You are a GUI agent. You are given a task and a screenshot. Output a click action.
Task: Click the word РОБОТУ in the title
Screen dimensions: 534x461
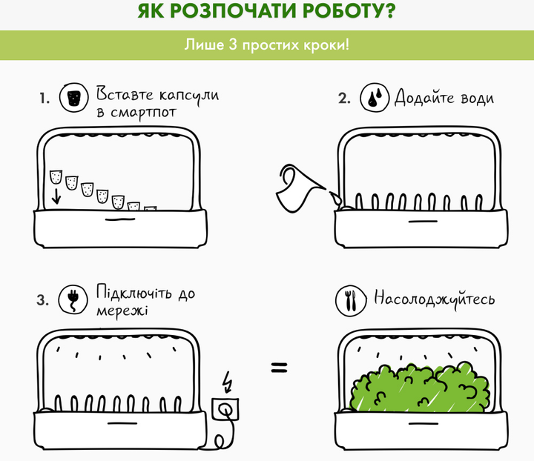click(349, 11)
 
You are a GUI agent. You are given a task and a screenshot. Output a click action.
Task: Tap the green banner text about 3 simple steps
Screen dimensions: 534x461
click(267, 45)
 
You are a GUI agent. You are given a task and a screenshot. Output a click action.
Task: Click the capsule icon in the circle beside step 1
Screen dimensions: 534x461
click(74, 98)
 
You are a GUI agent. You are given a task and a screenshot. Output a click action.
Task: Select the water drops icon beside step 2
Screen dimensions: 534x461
click(375, 97)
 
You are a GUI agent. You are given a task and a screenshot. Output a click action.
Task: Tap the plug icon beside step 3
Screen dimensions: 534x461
click(73, 299)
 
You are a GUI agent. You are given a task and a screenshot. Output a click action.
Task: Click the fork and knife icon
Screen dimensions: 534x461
click(351, 301)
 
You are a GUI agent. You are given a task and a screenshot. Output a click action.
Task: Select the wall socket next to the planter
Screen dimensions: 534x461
click(225, 409)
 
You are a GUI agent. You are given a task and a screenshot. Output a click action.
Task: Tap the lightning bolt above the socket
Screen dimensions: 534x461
click(227, 382)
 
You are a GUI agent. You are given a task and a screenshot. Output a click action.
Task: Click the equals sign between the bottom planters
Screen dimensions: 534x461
click(280, 368)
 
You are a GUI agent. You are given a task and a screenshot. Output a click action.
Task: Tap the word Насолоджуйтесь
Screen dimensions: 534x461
click(434, 299)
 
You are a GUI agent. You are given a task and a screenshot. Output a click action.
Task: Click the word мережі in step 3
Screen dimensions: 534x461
click(122, 311)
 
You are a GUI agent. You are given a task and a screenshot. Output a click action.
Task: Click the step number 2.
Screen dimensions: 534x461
click(344, 98)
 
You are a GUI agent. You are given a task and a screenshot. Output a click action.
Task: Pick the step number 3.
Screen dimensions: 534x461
click(42, 300)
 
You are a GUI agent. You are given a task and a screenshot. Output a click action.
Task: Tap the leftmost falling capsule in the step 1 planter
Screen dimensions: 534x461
click(56, 177)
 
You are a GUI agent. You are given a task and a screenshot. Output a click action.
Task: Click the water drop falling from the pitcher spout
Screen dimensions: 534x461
click(334, 197)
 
